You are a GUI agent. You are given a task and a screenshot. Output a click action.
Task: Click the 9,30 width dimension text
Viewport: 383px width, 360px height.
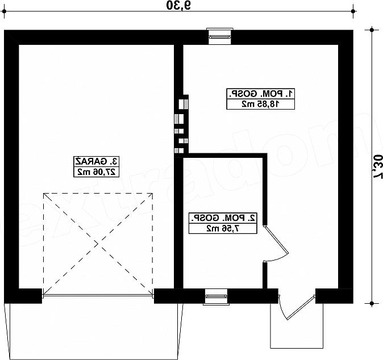(179, 5)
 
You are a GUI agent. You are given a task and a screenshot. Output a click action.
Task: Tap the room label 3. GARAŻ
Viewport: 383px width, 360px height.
(97, 161)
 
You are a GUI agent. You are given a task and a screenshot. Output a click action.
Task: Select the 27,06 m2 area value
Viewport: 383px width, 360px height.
(97, 172)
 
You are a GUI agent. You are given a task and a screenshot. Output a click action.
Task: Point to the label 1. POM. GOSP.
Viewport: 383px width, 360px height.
(261, 94)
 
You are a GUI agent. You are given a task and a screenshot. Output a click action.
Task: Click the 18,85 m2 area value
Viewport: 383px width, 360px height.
(261, 104)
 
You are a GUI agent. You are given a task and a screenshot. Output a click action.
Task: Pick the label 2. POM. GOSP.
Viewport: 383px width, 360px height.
(223, 217)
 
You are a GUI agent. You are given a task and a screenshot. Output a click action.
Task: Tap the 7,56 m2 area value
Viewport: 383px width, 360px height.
(223, 228)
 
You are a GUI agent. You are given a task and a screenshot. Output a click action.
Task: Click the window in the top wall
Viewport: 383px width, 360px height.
(219, 36)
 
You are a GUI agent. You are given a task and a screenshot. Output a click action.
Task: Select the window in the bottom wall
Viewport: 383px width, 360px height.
(216, 297)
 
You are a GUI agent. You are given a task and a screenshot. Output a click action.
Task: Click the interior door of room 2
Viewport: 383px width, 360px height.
(276, 239)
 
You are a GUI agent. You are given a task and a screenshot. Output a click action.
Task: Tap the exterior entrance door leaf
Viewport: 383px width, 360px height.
(301, 307)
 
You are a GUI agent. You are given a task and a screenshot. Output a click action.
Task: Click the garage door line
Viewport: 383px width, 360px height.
(98, 295)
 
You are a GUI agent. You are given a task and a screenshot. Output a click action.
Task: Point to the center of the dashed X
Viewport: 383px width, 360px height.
(98, 244)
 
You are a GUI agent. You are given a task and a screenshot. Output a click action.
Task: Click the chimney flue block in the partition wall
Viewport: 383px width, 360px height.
(181, 124)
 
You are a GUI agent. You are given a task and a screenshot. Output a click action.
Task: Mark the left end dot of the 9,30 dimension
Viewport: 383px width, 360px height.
(4, 11)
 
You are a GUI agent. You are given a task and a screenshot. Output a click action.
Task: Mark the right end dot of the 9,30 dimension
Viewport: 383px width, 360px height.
(353, 11)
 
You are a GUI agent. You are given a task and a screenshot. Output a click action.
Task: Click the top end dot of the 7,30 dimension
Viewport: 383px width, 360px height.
(372, 30)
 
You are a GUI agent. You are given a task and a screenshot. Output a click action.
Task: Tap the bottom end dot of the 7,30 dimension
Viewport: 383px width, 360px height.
(372, 304)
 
